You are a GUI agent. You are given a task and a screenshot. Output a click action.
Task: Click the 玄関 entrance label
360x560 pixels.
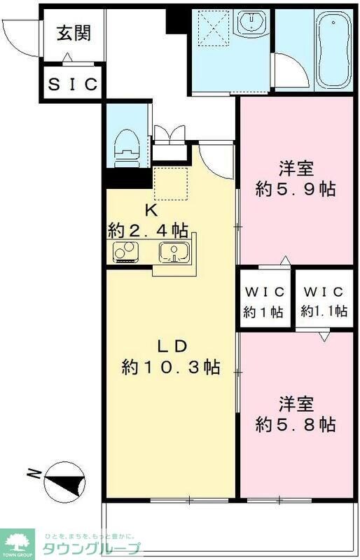coord(73,34)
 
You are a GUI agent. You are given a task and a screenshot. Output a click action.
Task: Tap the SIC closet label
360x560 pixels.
coord(73,84)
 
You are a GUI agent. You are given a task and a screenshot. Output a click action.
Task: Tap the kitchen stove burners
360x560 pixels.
coord(124,251)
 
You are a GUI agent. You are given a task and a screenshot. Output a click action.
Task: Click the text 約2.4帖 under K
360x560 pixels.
coord(148,229)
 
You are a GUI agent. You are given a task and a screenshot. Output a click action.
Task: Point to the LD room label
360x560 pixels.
coord(170,346)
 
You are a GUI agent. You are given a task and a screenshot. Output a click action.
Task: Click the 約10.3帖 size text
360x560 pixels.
coord(170,367)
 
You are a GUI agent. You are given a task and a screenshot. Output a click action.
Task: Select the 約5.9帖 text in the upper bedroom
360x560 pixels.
coord(296,189)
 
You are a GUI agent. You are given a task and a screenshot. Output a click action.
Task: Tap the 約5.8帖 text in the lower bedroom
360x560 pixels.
coord(296,424)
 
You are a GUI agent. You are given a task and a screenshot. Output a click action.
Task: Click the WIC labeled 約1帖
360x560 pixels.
coord(263,302)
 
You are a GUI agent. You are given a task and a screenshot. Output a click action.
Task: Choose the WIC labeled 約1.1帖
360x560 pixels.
coord(324,302)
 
